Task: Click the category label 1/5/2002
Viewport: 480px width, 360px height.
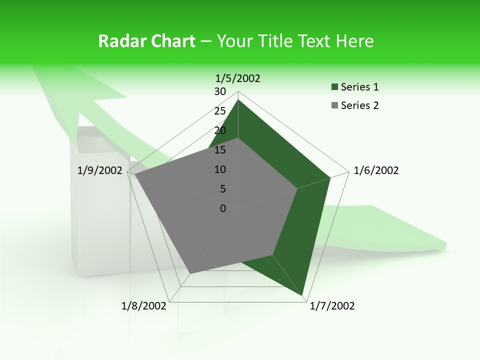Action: point(237,78)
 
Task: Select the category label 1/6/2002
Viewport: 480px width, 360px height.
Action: point(376,170)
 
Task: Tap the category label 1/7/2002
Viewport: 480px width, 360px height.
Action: point(332,306)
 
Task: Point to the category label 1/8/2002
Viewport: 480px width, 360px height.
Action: point(143,306)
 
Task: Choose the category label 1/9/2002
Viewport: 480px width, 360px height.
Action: point(99,170)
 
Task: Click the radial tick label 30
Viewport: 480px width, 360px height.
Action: point(220,91)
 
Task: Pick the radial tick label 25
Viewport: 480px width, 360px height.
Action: point(220,111)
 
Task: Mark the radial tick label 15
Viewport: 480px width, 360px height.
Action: point(220,150)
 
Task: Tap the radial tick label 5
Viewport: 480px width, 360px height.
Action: point(223,189)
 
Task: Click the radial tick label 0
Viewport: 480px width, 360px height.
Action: point(223,208)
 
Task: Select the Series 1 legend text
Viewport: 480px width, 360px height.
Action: point(359,87)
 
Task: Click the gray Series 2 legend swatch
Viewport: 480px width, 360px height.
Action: point(334,105)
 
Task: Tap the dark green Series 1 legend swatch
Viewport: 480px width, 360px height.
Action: point(334,87)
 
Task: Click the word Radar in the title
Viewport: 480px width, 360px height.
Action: point(120,41)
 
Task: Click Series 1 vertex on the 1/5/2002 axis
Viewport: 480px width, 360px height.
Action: point(238,99)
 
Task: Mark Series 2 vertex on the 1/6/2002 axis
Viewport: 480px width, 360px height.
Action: point(297,188)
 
